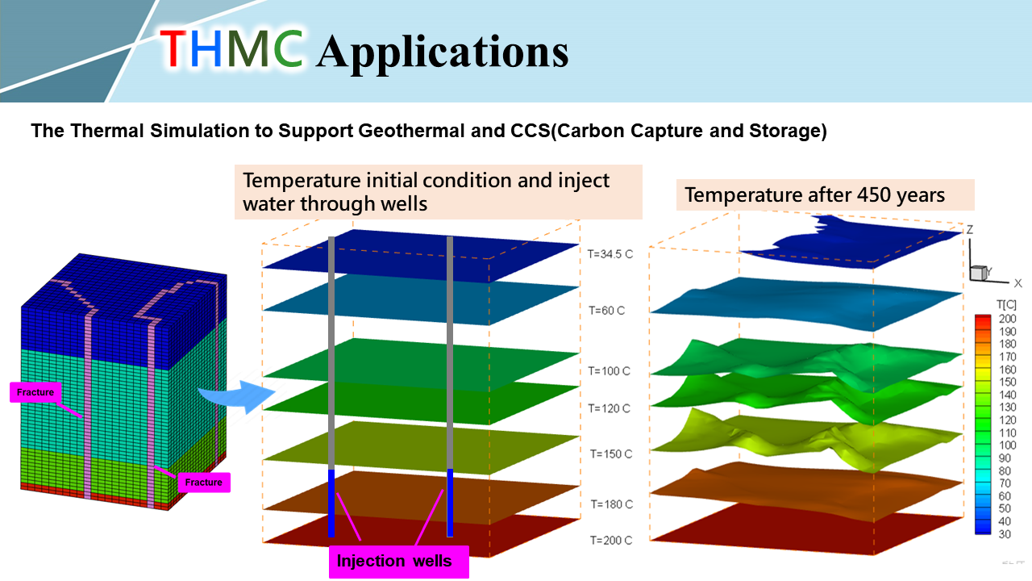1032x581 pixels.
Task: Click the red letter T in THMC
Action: click(x=175, y=48)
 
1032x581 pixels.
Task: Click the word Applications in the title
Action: click(x=442, y=52)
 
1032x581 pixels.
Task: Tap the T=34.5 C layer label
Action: click(x=605, y=253)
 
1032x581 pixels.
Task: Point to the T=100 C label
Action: click(x=609, y=371)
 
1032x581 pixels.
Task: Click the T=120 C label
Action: click(x=609, y=408)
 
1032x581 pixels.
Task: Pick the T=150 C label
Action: click(x=611, y=454)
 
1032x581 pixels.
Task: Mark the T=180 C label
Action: click(x=611, y=504)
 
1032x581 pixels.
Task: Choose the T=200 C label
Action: click(x=610, y=540)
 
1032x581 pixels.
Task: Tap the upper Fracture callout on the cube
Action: click(x=35, y=393)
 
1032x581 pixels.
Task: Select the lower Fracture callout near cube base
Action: click(x=203, y=483)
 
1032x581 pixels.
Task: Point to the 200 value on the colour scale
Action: click(x=1007, y=319)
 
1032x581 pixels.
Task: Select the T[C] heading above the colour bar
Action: click(x=1006, y=304)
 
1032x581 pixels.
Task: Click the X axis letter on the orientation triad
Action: click(x=1017, y=283)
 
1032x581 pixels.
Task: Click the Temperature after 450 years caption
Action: click(x=814, y=195)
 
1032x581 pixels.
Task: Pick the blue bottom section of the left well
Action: click(x=331, y=502)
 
